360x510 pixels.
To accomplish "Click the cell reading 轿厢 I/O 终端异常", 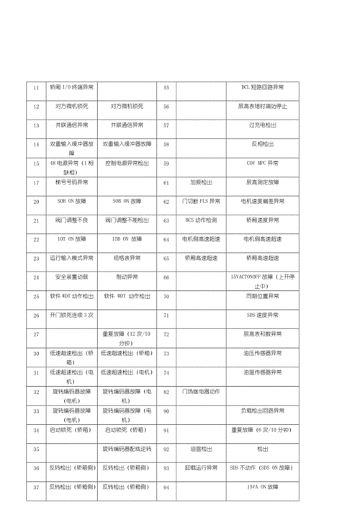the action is point(71,87).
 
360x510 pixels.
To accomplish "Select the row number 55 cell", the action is point(166,87).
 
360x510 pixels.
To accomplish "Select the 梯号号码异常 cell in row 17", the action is point(71,182).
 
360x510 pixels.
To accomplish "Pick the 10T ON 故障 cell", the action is point(71,239).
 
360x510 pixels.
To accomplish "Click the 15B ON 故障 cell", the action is point(127,239).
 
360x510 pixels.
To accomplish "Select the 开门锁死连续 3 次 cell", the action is point(71,316).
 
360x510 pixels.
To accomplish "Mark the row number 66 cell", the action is point(166,277).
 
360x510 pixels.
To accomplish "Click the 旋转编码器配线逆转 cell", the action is point(127,449).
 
